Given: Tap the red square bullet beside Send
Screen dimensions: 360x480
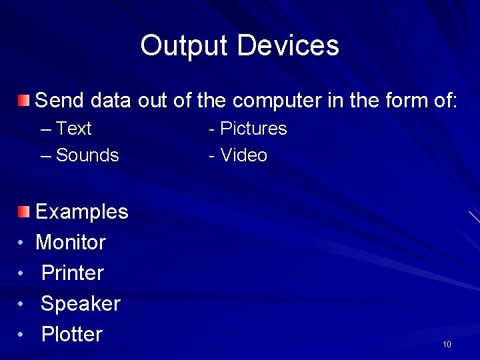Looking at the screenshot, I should coord(24,101).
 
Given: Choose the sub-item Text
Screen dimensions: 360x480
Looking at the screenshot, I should coord(74,129).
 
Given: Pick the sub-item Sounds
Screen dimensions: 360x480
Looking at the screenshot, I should coord(87,155).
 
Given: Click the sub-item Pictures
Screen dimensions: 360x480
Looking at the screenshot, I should coord(253,129).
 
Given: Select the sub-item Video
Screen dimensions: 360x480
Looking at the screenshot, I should coord(244,155).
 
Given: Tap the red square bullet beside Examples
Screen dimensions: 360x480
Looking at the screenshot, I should coord(24,212).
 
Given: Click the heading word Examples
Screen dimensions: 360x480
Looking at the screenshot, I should coord(81,212).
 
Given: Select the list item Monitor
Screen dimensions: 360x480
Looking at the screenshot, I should coord(71,242).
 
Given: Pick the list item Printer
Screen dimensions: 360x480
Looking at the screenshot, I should coord(73,273).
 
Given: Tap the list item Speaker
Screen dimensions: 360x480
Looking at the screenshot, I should coord(81,303).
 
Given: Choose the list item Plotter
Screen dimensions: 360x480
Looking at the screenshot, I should coord(72,334).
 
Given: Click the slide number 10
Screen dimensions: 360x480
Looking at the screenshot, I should coord(447,344).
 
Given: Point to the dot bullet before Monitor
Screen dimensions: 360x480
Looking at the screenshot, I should coord(21,243).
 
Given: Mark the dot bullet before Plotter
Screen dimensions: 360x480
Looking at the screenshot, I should coord(21,335).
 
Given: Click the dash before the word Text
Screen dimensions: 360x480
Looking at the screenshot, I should coord(45,129).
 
